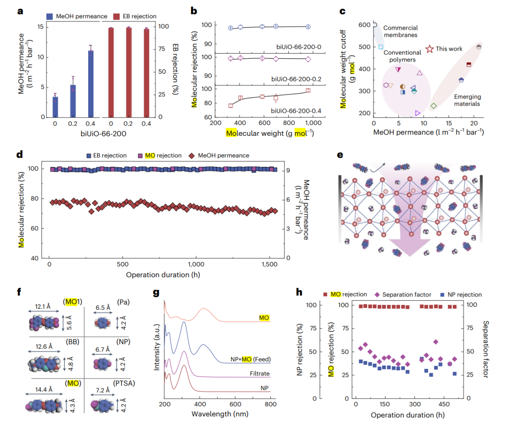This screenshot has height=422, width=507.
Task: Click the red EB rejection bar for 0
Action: (x=111, y=72)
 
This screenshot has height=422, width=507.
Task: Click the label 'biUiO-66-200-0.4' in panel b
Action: (x=288, y=110)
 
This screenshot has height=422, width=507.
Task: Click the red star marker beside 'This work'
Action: (x=430, y=49)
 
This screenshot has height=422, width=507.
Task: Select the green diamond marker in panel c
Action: (x=433, y=106)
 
